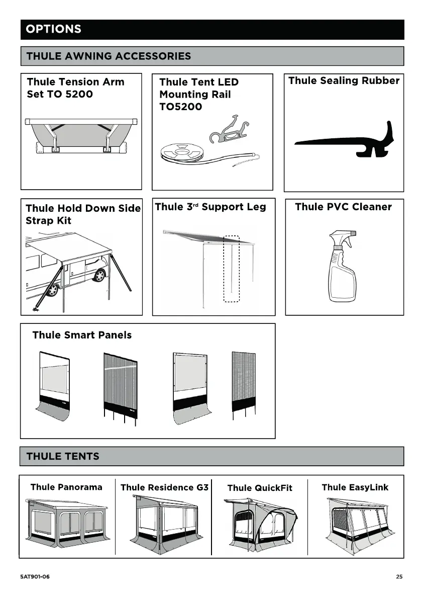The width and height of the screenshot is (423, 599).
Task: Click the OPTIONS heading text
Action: pos(53,29)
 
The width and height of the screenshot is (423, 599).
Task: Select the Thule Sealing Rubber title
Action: pos(344,81)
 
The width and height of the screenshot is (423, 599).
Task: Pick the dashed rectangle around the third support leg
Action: pos(232,269)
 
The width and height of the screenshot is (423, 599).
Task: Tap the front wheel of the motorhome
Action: pos(100,275)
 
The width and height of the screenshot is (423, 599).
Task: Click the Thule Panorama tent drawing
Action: pos(67,524)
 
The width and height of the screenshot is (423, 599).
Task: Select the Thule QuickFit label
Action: pos(260,488)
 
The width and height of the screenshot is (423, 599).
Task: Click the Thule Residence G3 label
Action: pos(164,487)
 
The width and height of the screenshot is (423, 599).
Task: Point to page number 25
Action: pos(399,577)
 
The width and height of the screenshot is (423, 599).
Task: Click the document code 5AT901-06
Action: pos(35,577)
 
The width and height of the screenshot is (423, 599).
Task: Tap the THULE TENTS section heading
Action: pos(63,457)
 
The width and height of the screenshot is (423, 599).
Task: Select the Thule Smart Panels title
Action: pos(82,335)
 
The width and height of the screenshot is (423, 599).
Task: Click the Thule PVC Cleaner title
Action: pos(343,207)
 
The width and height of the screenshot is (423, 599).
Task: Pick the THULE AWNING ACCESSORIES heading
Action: pos(109,56)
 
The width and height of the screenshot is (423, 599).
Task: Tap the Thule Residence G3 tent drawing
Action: pos(163,524)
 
